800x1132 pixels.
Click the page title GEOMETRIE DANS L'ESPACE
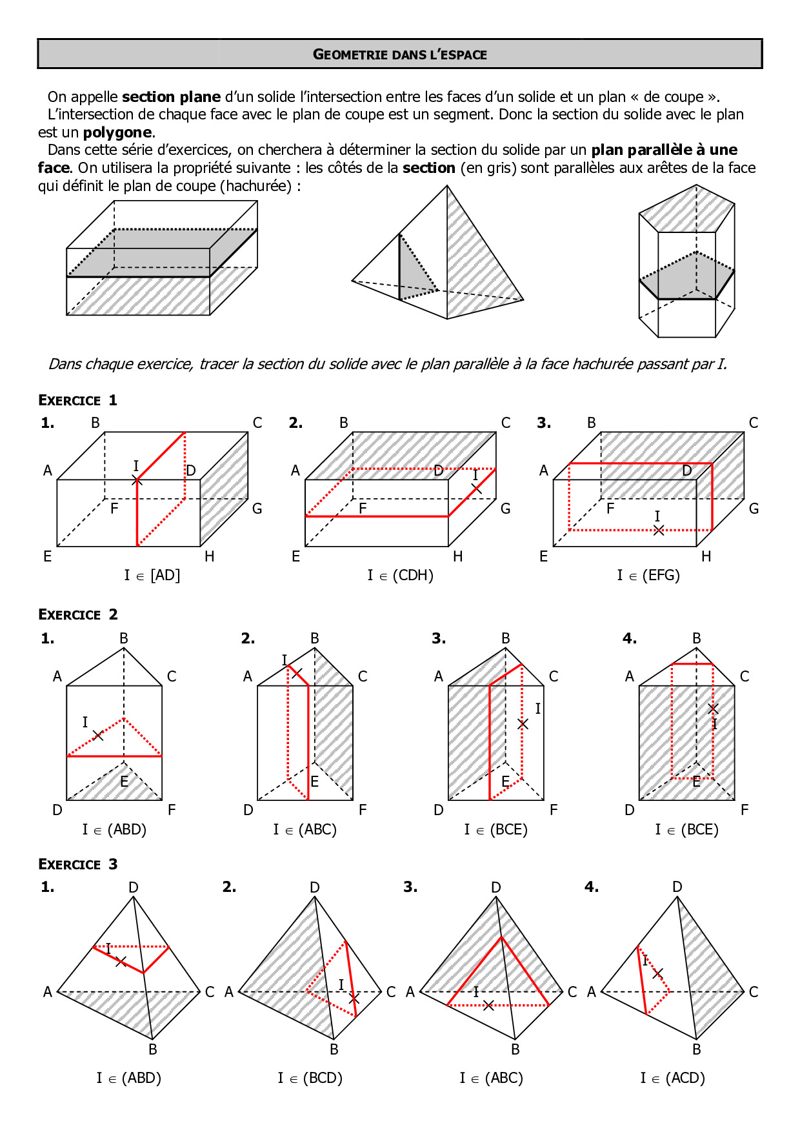click(x=400, y=54)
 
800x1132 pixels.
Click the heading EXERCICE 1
click(x=77, y=400)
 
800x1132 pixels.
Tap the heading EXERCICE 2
click(x=77, y=614)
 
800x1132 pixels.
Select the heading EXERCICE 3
click(x=77, y=864)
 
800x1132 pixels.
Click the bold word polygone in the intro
click(x=118, y=132)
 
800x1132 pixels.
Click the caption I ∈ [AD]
click(x=152, y=575)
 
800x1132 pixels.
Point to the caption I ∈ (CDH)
click(x=400, y=575)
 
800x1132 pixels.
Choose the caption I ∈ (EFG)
click(x=648, y=575)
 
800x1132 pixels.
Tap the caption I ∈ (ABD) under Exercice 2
click(x=114, y=829)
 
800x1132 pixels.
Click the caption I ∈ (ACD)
click(x=672, y=1078)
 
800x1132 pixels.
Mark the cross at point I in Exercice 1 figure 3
click(x=658, y=530)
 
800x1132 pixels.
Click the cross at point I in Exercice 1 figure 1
click(x=137, y=480)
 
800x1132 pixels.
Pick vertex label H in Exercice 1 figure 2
click(x=457, y=556)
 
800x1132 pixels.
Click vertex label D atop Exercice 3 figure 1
click(x=134, y=887)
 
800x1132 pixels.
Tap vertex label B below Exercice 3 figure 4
click(x=697, y=1049)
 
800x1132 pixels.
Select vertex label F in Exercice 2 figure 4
click(x=745, y=810)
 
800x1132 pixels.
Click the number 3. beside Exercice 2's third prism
click(x=439, y=638)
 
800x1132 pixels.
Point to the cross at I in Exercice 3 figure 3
click(x=488, y=1005)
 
